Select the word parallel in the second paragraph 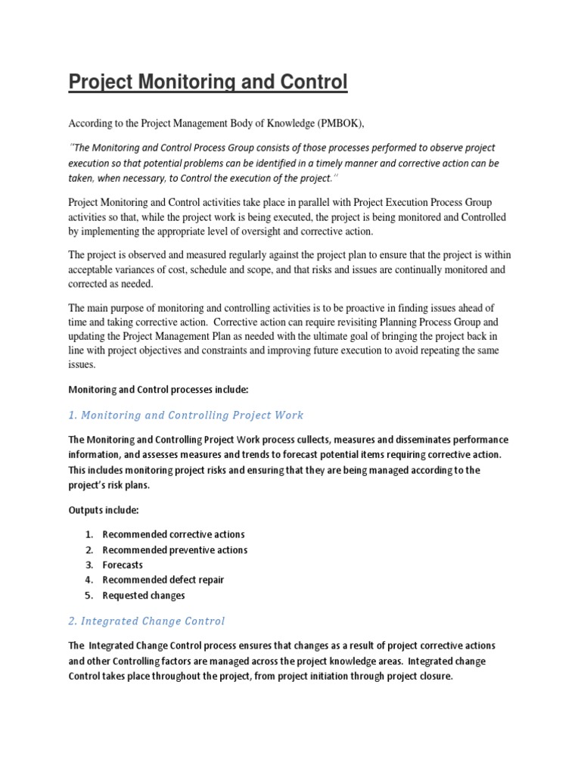click(269, 202)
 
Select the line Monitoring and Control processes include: click(158, 389)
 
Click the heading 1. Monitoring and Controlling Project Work click(186, 415)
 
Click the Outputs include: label click(104, 510)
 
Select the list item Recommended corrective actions click(173, 534)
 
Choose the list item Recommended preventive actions click(175, 549)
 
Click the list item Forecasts click(123, 565)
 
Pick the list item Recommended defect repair click(163, 580)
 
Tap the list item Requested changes click(144, 595)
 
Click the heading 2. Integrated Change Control click(147, 621)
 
